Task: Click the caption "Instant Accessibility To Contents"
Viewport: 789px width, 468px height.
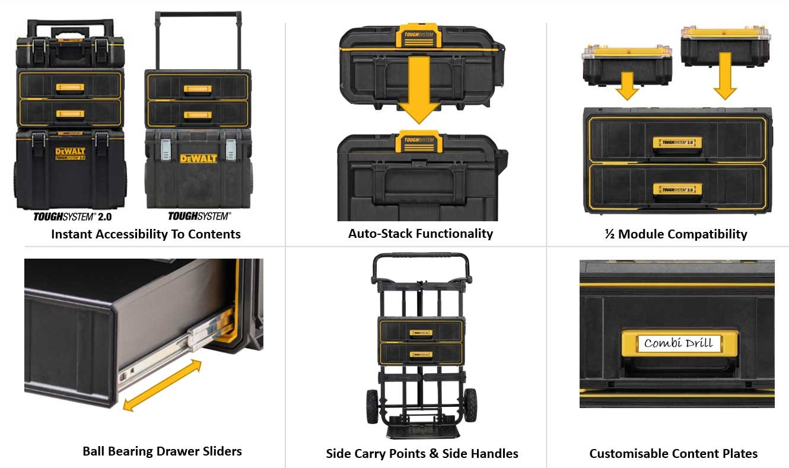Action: click(145, 234)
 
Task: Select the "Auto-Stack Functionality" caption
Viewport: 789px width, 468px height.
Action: click(420, 233)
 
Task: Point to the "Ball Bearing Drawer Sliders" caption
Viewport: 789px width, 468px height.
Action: click(162, 451)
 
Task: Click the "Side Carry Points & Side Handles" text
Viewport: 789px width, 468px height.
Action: click(422, 454)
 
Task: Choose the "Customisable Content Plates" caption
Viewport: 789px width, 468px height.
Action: click(673, 454)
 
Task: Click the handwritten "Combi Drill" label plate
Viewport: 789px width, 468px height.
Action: click(678, 343)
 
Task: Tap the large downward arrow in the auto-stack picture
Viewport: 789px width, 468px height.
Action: click(419, 89)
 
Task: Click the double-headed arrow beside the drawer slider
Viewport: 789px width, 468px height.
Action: click(162, 386)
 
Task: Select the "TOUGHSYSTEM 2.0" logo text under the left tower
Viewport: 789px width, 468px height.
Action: click(72, 217)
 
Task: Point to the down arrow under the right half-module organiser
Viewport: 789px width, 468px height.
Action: click(724, 77)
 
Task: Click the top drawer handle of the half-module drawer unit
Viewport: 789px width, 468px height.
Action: click(677, 143)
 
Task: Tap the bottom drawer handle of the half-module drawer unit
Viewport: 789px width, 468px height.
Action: click(677, 189)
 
